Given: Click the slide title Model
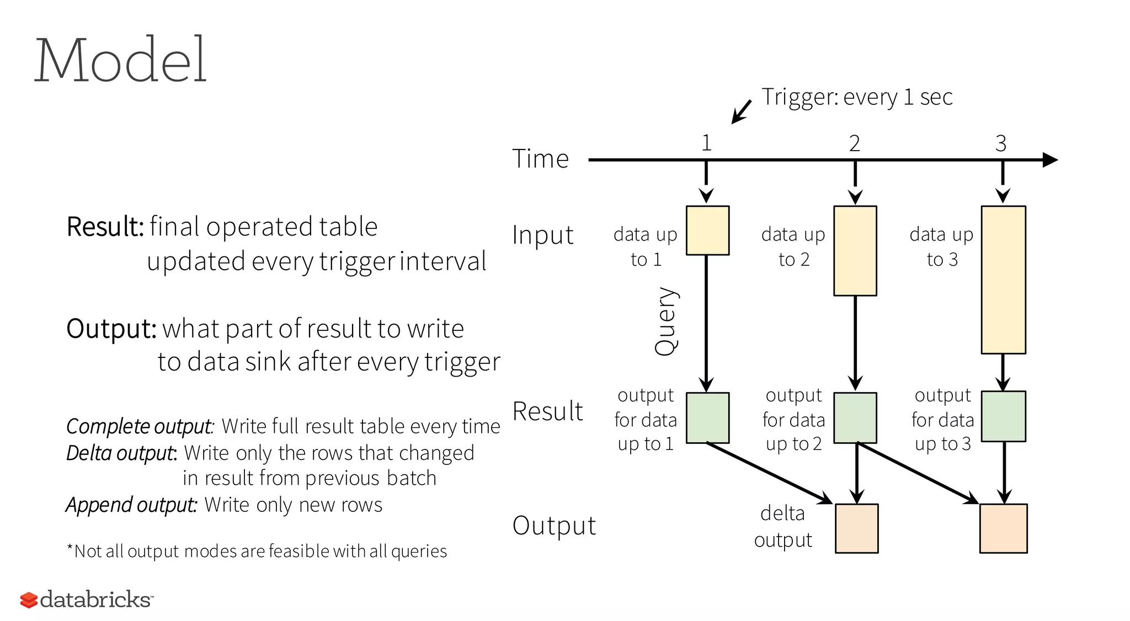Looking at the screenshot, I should click(120, 60).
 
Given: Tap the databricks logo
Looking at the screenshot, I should click(86, 599).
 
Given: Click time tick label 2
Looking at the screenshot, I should click(854, 143).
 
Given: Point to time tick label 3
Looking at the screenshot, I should click(1001, 143).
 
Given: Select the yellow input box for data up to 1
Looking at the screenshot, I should click(707, 231).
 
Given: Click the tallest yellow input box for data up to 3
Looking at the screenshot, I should click(1003, 280).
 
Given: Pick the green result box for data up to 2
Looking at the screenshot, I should click(855, 417).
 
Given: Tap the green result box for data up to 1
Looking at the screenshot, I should click(707, 417).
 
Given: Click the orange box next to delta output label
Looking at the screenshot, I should click(856, 528).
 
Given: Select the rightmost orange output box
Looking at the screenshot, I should click(1003, 528).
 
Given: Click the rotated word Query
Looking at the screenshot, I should click(665, 321).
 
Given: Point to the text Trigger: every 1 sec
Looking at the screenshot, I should click(857, 97).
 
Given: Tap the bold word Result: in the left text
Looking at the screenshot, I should click(105, 227).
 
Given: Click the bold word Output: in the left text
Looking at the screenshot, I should click(111, 329).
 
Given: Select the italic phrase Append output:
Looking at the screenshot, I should click(131, 505).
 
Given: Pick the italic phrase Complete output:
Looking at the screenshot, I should click(140, 426).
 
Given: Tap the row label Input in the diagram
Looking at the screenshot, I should click(542, 235).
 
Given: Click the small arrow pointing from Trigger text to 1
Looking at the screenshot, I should click(740, 113).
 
